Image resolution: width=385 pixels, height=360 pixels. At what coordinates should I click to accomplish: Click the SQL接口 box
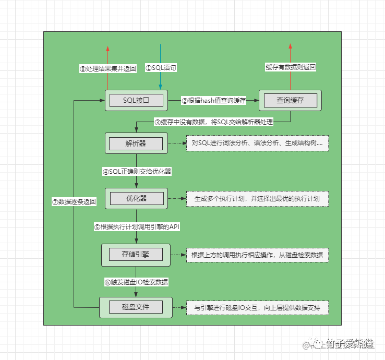[x=136, y=100]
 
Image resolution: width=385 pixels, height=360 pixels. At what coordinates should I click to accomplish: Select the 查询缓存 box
[x=291, y=100]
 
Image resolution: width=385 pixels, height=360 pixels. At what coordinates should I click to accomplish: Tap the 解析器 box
[x=136, y=143]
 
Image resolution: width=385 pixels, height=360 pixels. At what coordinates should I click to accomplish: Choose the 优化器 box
[x=136, y=199]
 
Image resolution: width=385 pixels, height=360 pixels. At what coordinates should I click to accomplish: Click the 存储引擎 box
[x=136, y=254]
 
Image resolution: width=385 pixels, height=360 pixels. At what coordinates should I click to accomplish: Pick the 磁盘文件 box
[x=136, y=307]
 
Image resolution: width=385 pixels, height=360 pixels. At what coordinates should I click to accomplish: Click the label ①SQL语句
[x=160, y=68]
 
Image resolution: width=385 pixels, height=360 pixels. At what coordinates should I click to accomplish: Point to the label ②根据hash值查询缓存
[x=213, y=100]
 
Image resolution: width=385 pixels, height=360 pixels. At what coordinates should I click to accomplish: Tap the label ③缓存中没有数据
[x=213, y=122]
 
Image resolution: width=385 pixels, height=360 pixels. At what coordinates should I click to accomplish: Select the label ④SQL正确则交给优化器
[x=137, y=171]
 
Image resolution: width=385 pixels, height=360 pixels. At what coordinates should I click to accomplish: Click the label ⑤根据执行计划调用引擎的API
[x=137, y=227]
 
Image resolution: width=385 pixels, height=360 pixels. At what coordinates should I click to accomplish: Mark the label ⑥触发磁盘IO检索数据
[x=136, y=282]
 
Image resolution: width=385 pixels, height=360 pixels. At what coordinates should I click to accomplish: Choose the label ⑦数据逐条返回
[x=75, y=202]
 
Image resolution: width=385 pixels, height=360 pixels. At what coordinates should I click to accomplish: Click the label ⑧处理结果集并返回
[x=107, y=68]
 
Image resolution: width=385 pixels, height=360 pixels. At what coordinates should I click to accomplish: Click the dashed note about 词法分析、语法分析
[x=257, y=143]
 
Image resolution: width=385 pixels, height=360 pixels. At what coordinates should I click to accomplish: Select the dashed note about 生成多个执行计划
[x=257, y=199]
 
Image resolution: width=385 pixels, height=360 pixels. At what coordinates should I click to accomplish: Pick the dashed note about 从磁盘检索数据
[x=257, y=255]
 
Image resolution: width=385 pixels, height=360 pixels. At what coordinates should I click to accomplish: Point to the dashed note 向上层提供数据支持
[x=257, y=307]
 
